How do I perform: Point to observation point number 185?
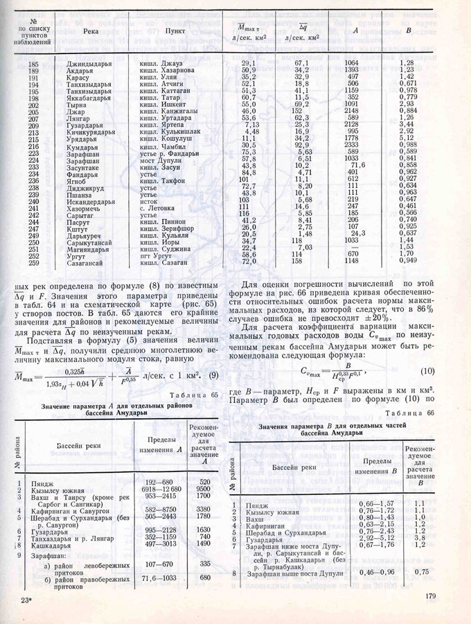pos(33,64)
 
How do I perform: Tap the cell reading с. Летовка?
pos(159,206)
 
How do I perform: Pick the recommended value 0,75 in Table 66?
pos(418,573)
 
